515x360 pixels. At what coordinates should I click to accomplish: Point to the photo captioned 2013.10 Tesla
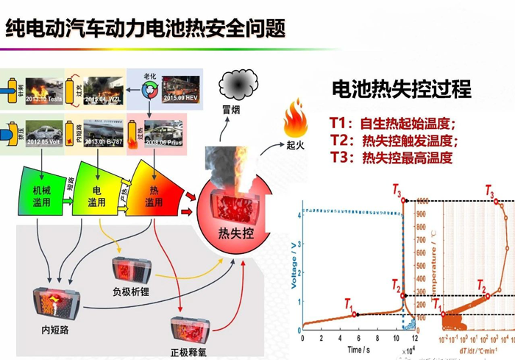[x=44, y=90]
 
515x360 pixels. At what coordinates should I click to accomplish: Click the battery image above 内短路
[x=55, y=304]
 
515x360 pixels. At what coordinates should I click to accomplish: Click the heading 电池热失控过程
[x=401, y=90]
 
